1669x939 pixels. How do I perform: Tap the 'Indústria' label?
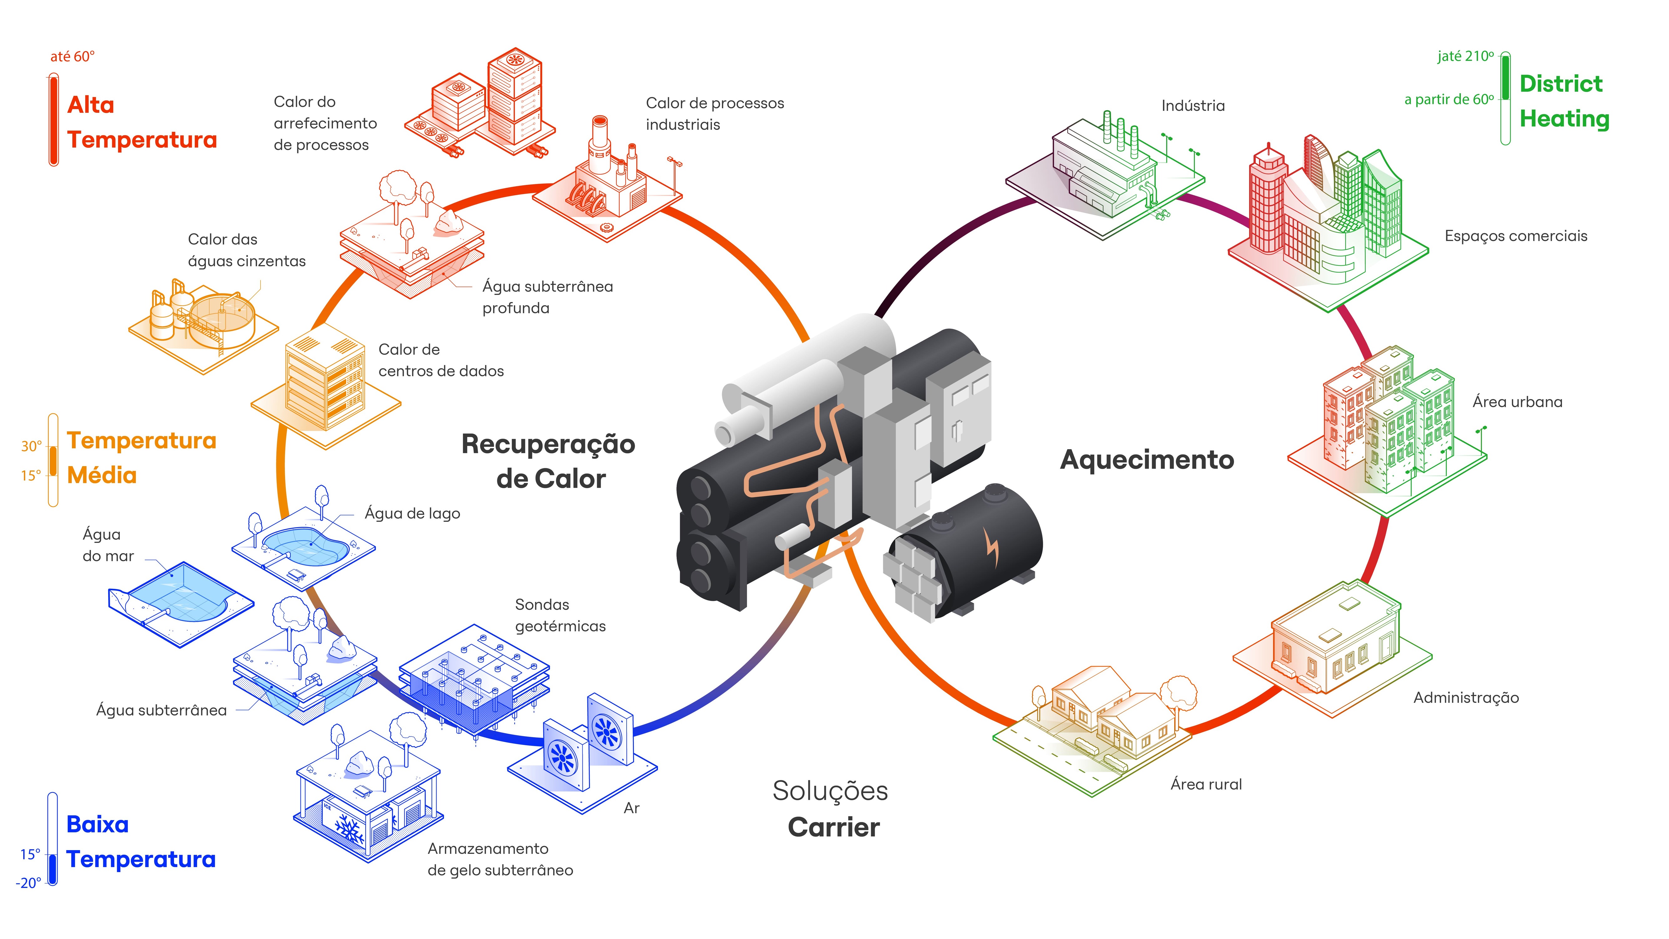(x=1193, y=105)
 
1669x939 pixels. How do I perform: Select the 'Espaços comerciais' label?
(x=1515, y=236)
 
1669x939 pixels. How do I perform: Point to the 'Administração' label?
(x=1466, y=698)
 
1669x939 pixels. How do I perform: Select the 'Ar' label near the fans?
(x=631, y=808)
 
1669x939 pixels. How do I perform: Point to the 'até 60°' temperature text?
(x=73, y=57)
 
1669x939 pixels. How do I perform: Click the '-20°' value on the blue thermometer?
(x=28, y=883)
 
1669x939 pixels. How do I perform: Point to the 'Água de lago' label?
(x=412, y=513)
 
